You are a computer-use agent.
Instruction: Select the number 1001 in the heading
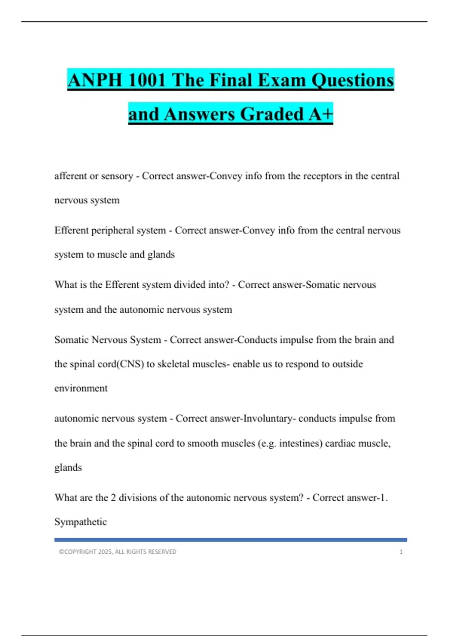click(146, 80)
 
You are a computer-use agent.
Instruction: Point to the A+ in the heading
click(320, 114)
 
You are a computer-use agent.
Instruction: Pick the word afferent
click(70, 176)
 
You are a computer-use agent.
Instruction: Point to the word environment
click(81, 388)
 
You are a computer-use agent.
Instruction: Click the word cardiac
click(340, 443)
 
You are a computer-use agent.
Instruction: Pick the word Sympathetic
click(80, 522)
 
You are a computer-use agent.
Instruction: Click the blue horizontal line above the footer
click(230, 540)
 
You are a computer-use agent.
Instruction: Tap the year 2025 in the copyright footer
click(105, 552)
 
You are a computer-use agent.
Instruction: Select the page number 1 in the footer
click(401, 552)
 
